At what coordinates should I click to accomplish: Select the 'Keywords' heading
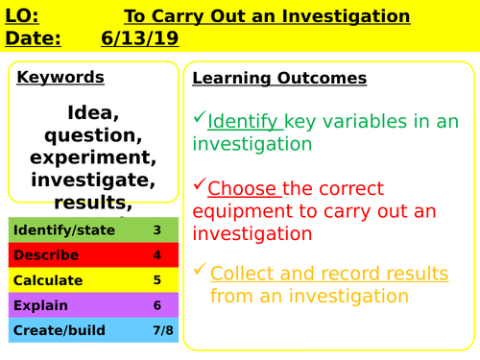pyautogui.click(x=60, y=78)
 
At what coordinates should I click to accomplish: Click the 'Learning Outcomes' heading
pyautogui.click(x=279, y=78)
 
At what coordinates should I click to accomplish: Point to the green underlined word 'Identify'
pyautogui.click(x=244, y=122)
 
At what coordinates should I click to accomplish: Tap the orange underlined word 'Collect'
pyautogui.click(x=244, y=273)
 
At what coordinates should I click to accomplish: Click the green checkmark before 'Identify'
pyautogui.click(x=199, y=118)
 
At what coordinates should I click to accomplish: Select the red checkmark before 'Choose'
pyautogui.click(x=199, y=184)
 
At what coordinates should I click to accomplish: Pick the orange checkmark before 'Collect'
pyautogui.click(x=200, y=269)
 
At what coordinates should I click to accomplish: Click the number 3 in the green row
pyautogui.click(x=157, y=230)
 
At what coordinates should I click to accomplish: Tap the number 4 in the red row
pyautogui.click(x=157, y=255)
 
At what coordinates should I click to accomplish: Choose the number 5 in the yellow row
pyautogui.click(x=157, y=280)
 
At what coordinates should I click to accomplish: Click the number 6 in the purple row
pyautogui.click(x=157, y=305)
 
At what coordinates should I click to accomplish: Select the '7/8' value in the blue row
pyautogui.click(x=157, y=330)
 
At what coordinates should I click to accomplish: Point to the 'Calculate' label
pyautogui.click(x=47, y=280)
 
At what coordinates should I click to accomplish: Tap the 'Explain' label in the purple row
pyautogui.click(x=37, y=305)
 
